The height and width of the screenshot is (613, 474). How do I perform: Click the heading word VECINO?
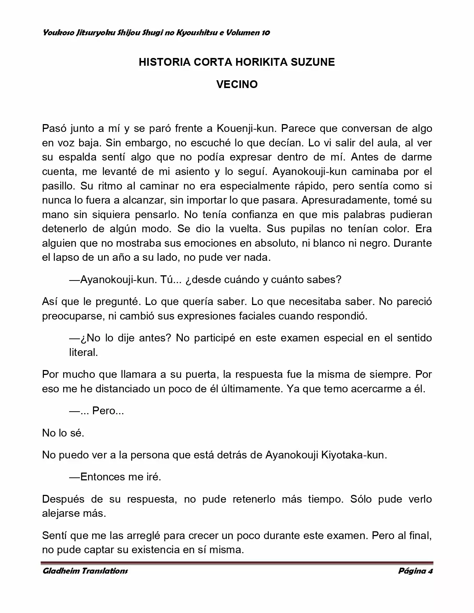237,84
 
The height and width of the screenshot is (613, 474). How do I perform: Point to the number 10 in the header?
265,33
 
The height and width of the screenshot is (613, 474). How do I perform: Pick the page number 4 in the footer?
430,571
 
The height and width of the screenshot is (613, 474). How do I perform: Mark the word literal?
83,352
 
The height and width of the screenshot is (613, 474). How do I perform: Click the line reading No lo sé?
63,433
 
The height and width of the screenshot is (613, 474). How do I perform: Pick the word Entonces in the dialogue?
103,477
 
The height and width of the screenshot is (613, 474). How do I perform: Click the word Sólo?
361,499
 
